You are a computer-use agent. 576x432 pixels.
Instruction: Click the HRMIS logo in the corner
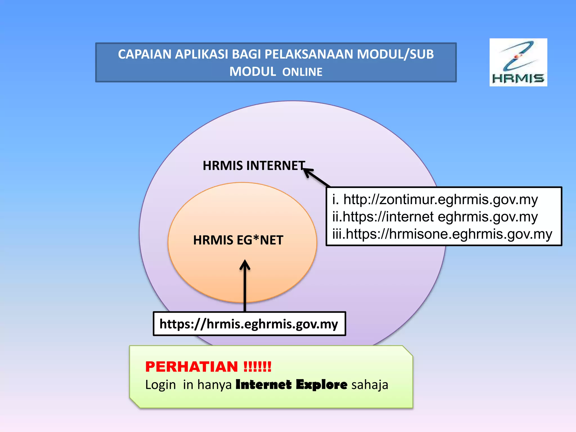coord(518,62)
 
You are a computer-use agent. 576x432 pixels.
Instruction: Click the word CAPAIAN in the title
coord(144,54)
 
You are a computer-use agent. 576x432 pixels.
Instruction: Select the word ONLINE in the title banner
coord(302,72)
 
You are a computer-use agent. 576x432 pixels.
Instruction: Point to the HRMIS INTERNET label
coord(254,166)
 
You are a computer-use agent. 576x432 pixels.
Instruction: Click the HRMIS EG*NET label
coord(238,240)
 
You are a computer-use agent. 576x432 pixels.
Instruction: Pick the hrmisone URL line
coord(449,234)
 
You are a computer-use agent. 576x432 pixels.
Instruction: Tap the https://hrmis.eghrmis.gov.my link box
coord(249,324)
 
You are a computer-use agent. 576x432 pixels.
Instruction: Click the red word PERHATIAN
coord(192,367)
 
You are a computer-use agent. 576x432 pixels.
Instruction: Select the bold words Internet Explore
coord(291,384)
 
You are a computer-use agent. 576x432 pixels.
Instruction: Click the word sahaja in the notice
coord(370,385)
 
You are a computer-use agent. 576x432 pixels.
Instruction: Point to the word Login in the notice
coord(161,385)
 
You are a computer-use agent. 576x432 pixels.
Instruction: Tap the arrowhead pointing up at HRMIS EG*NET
coord(245,264)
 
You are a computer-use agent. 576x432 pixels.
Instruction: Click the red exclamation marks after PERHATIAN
coord(257,367)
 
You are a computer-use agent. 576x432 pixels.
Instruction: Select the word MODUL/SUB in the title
coord(395,54)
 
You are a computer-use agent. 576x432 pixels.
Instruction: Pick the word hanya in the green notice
coord(214,385)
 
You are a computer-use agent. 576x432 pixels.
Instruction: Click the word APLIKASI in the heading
coord(201,54)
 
